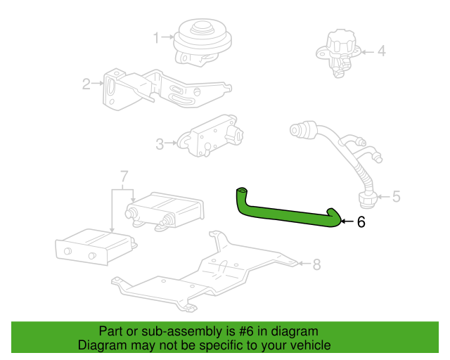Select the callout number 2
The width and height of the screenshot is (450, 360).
[x=86, y=84]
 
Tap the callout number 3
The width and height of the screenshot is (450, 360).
[x=160, y=144]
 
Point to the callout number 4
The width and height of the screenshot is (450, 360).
[x=382, y=51]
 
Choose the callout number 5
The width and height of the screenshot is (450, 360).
[x=396, y=196]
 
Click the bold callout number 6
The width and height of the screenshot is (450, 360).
[x=361, y=222]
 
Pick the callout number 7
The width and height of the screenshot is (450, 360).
[x=124, y=175]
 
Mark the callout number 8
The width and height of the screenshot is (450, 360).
[x=316, y=264]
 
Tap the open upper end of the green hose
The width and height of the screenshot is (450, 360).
[x=242, y=191]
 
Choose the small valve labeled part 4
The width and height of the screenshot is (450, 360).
[x=341, y=51]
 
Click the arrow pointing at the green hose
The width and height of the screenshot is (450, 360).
[x=346, y=222]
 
